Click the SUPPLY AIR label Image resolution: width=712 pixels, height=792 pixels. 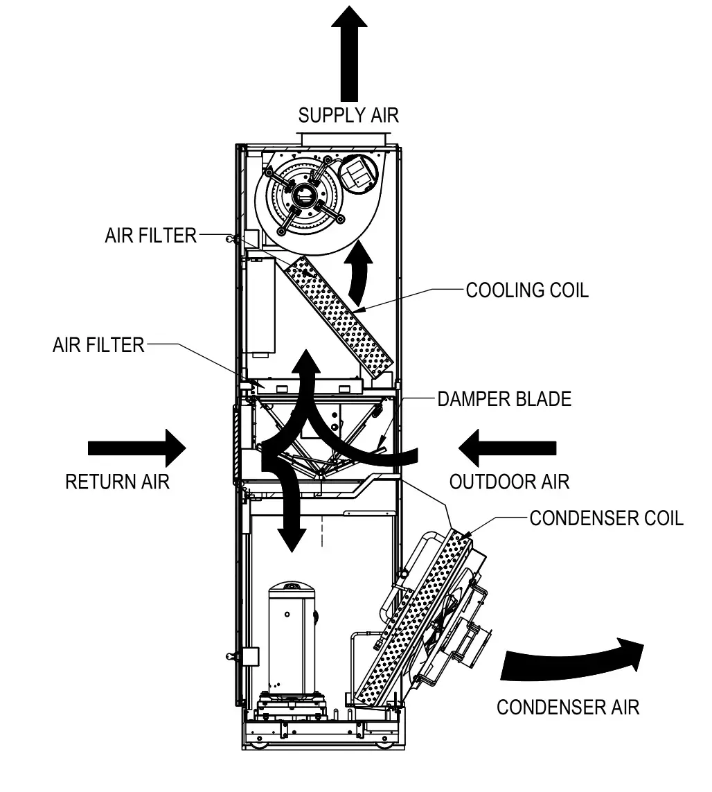click(x=348, y=115)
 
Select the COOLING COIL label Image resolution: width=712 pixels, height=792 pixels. click(x=527, y=290)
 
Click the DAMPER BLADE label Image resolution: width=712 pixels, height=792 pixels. click(x=504, y=399)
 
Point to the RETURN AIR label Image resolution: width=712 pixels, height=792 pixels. click(x=117, y=482)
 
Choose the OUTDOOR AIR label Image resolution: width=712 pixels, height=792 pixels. click(x=510, y=482)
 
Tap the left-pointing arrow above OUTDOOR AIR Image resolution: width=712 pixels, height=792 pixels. click(x=508, y=448)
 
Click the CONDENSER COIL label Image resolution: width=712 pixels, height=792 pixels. click(x=606, y=518)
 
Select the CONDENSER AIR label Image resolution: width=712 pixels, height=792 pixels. click(x=568, y=707)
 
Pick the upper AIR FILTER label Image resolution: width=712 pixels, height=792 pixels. click(x=151, y=236)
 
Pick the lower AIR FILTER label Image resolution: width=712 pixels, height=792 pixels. click(x=98, y=344)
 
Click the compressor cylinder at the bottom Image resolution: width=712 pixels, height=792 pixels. click(x=292, y=637)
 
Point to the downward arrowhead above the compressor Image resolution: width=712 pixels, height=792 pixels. click(x=290, y=537)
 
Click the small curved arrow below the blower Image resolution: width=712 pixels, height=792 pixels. click(x=360, y=274)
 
